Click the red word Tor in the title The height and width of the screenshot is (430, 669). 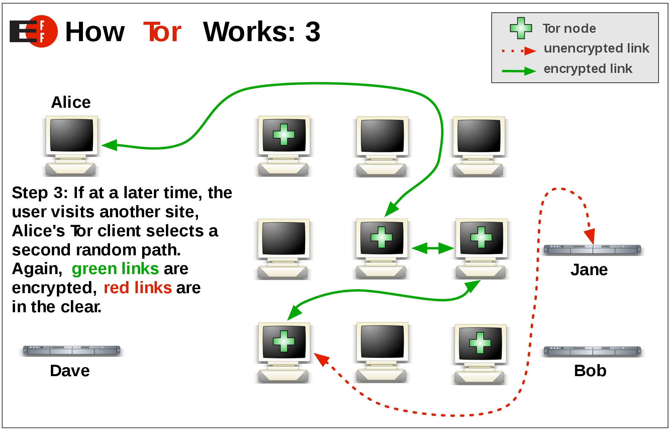(163, 32)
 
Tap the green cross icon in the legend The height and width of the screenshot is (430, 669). (520, 28)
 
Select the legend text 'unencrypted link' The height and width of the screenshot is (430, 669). (596, 48)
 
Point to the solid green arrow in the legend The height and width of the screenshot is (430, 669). (518, 71)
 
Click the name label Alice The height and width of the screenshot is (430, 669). (71, 102)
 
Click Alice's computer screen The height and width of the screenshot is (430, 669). (72, 135)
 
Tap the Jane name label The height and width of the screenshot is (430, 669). (589, 270)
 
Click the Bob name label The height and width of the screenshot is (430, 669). (590, 371)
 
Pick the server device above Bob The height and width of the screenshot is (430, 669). (592, 351)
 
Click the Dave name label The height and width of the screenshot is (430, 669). (70, 371)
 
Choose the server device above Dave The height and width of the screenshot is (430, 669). (72, 350)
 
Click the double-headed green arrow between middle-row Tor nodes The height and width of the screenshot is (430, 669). (432, 248)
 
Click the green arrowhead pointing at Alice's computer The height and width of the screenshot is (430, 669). (109, 145)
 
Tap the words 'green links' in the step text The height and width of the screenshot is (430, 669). (115, 269)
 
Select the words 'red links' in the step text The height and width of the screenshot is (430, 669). (137, 288)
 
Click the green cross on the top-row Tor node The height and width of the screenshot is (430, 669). (284, 135)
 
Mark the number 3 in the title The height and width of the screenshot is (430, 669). (312, 32)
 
